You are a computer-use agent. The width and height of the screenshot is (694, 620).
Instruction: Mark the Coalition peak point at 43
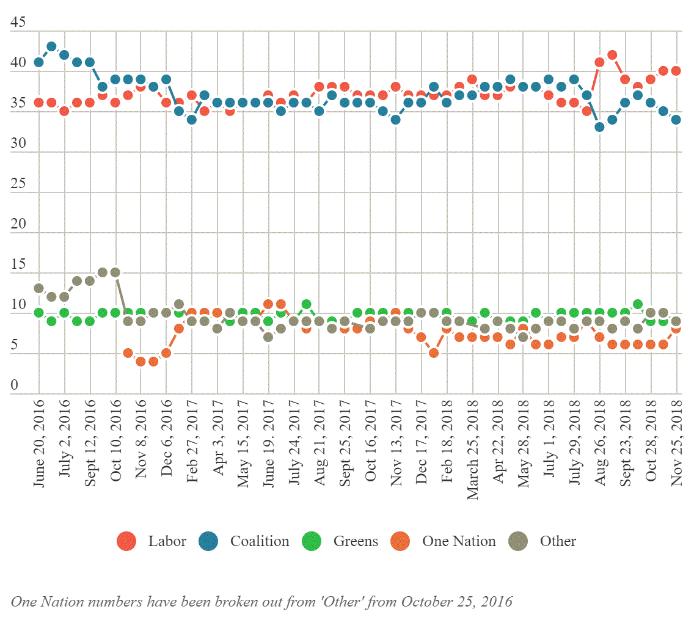(x=52, y=46)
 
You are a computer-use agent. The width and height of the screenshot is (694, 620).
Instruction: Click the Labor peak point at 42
(x=612, y=55)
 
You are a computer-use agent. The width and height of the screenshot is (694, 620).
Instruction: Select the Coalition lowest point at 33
(x=600, y=127)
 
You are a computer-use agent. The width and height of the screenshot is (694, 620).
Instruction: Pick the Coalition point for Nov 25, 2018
(x=676, y=120)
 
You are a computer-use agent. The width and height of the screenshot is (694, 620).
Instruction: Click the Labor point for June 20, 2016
(x=39, y=103)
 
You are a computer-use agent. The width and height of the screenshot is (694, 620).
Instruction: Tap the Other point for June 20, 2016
(x=39, y=288)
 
